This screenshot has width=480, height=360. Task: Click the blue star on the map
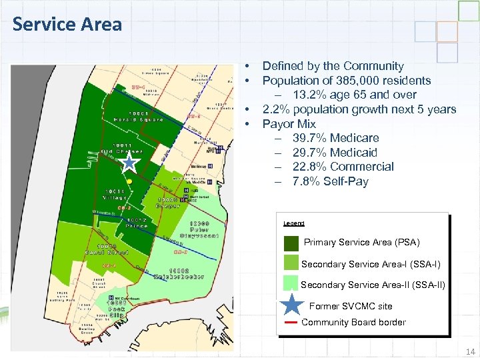point(129,162)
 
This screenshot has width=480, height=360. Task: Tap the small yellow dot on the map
point(131,180)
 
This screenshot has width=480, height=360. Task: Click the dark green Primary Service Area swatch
point(291,243)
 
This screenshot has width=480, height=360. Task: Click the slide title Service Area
point(67,25)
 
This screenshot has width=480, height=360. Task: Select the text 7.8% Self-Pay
point(330,181)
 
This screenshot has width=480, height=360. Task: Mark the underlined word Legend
point(293,223)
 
